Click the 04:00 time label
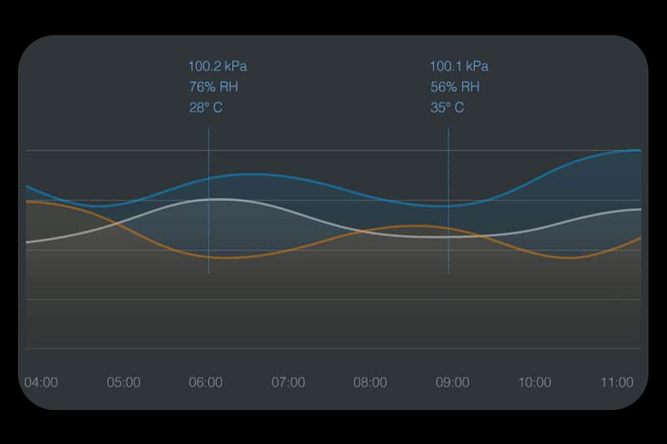pos(41,382)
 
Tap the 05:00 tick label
pos(124,382)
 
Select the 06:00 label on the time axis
pos(206,382)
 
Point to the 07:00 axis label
pos(288,382)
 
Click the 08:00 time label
pos(371,382)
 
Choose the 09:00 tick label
pos(453,382)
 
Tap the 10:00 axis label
pos(535,382)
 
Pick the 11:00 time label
pos(617,382)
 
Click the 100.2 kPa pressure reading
pos(217,67)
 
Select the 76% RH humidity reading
pos(213,87)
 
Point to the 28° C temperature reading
pos(206,108)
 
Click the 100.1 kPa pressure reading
pos(459,67)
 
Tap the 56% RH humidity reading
pos(455,87)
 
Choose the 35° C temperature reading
pos(447,108)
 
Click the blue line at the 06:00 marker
pos(209,178)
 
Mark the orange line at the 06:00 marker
pos(209,256)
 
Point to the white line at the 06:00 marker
pos(209,199)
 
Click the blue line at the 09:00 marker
pos(448,206)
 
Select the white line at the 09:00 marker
pos(448,237)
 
